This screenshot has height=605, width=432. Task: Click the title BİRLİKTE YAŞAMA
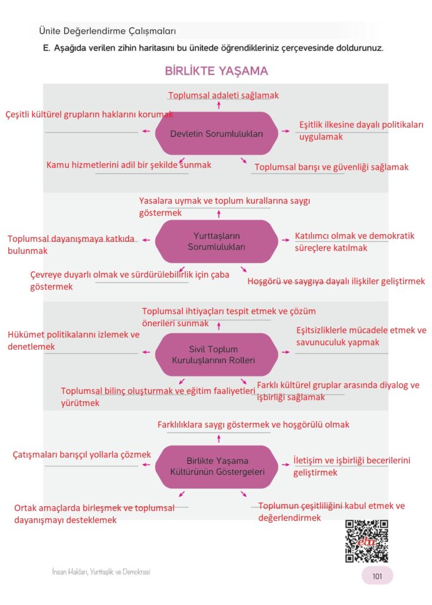[216, 71]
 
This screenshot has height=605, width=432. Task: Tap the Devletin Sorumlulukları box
[216, 134]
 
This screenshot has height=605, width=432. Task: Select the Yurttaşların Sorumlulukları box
[216, 241]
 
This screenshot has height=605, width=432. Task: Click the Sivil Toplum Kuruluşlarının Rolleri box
[216, 354]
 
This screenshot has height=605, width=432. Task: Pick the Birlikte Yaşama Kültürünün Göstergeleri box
[216, 466]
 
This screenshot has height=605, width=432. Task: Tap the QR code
[366, 541]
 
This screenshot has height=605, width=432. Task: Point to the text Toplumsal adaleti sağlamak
[223, 95]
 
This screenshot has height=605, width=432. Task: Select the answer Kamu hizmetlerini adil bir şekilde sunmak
[129, 165]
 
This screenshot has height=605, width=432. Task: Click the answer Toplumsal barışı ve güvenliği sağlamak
[331, 167]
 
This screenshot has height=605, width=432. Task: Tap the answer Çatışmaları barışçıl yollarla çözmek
[82, 454]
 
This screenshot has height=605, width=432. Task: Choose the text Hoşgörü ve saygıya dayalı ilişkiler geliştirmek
[336, 281]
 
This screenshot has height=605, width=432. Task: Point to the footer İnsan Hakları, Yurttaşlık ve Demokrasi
[104, 572]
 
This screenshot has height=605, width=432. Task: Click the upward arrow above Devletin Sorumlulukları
[219, 106]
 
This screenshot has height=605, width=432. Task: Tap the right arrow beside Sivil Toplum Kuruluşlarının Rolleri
[286, 352]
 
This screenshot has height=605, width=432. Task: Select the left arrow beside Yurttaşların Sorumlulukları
[145, 240]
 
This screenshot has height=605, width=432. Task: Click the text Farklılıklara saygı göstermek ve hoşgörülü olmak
[253, 424]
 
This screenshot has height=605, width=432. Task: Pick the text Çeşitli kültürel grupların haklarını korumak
[89, 114]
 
